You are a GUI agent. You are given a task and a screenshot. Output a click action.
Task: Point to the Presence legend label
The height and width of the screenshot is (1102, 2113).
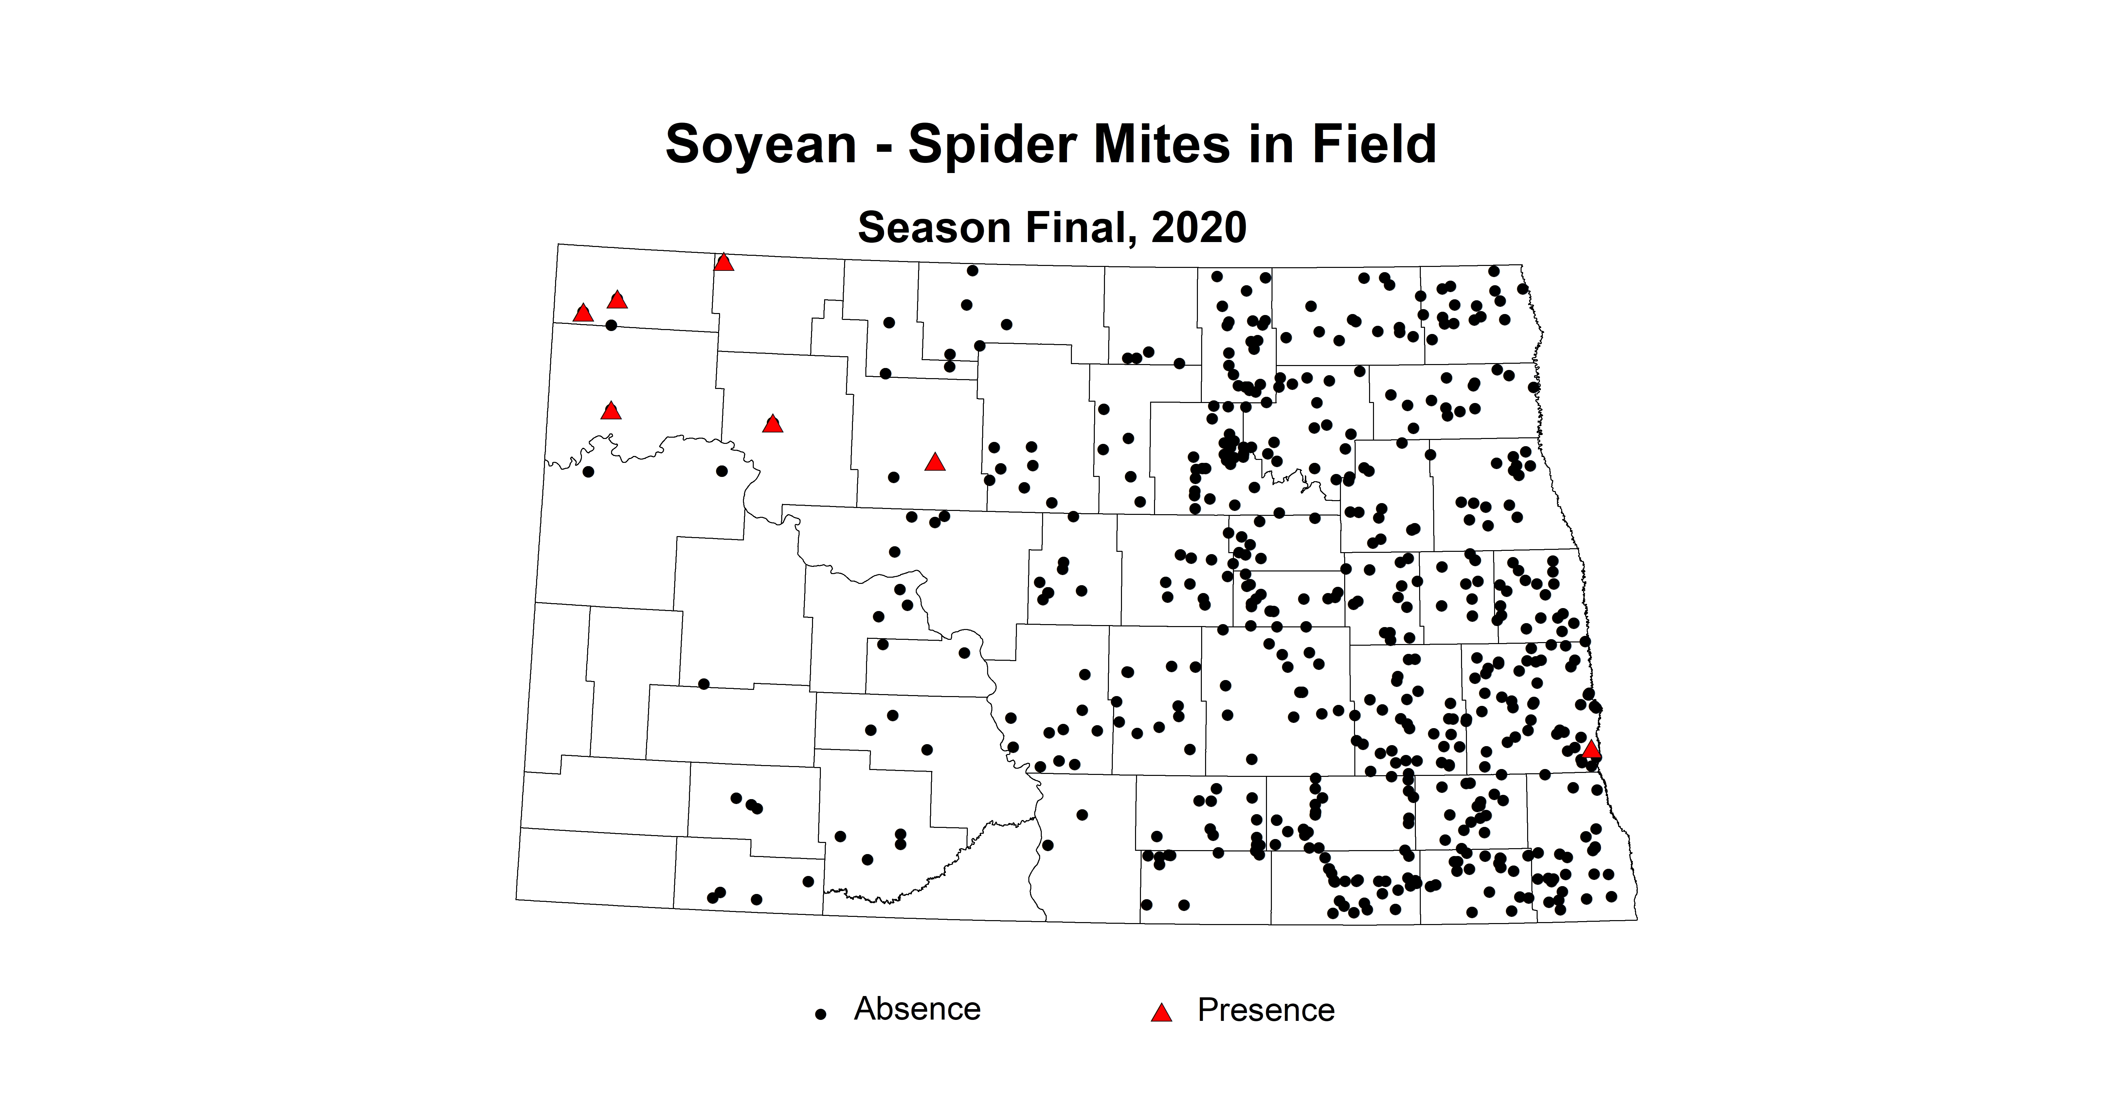point(1266,1010)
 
